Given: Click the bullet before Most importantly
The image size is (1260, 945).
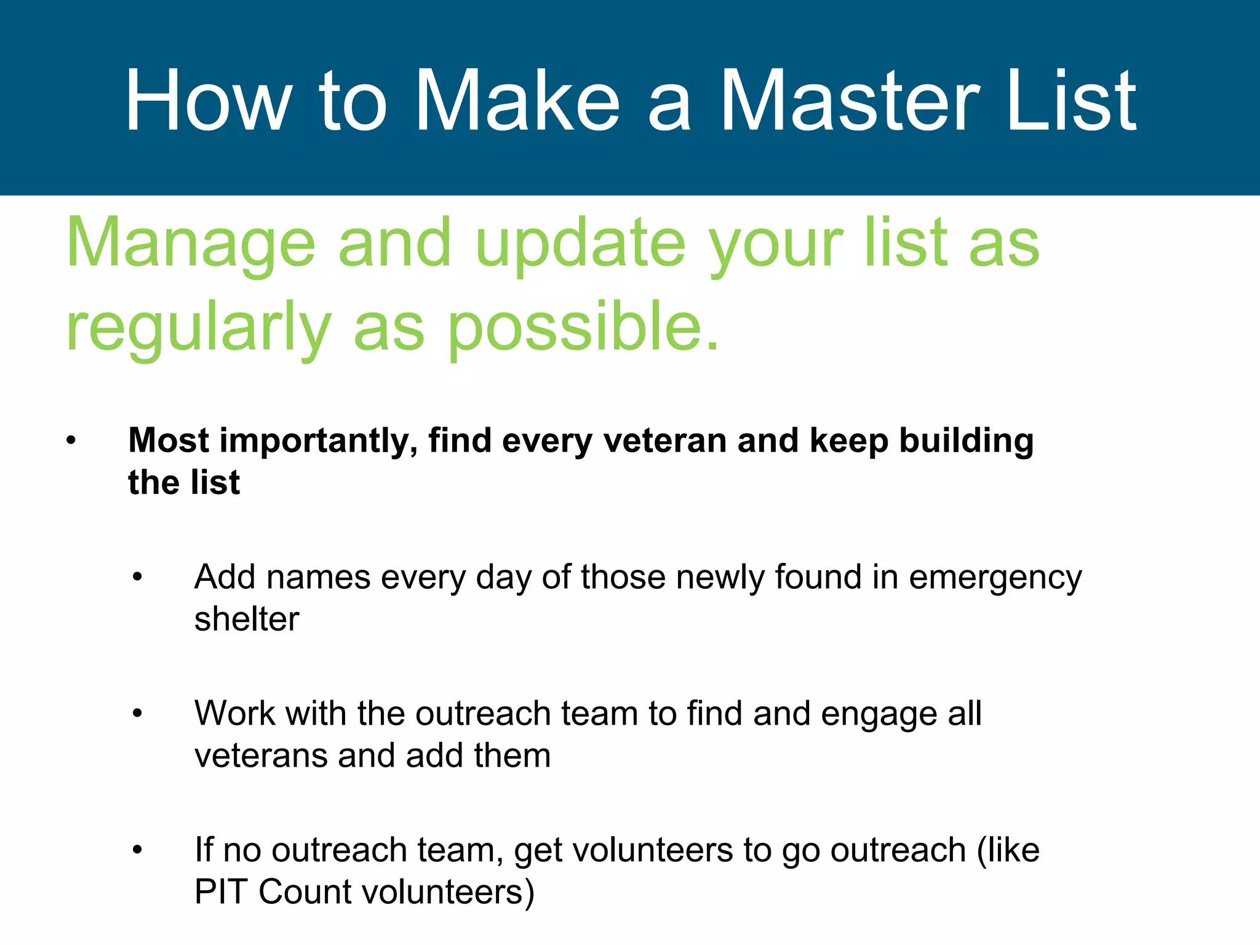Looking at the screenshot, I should [x=71, y=441].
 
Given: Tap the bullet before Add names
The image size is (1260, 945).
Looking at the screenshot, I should [x=137, y=577].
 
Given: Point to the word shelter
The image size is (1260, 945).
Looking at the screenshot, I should [x=247, y=619].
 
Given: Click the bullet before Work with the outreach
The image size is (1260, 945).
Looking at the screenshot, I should [x=137, y=714].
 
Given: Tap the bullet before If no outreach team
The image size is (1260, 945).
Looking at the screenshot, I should [x=137, y=850].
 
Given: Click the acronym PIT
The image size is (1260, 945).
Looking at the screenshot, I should [x=221, y=891].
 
